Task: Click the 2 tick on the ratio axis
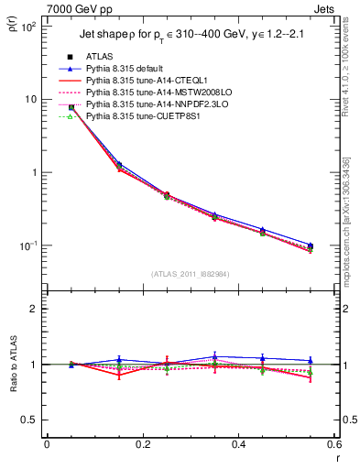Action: pos(34,309)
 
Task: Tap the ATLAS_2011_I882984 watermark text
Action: pos(191,273)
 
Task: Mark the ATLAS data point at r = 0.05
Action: pos(71,107)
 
